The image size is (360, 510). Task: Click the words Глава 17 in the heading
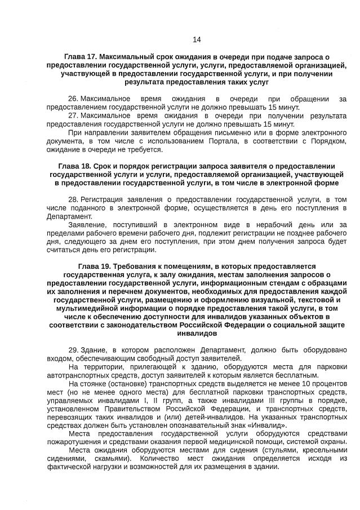[81, 57]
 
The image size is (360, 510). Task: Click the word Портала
[214, 141]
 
